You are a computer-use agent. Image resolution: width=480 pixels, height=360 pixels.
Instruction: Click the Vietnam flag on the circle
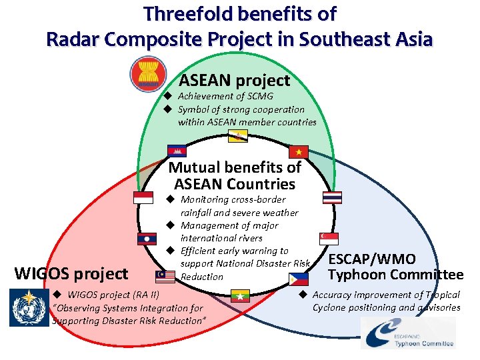click(x=298, y=150)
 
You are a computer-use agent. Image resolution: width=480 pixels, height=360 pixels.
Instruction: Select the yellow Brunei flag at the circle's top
click(x=238, y=136)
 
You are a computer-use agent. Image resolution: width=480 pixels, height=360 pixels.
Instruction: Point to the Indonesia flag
click(x=143, y=197)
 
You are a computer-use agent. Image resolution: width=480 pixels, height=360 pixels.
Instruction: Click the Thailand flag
click(x=332, y=197)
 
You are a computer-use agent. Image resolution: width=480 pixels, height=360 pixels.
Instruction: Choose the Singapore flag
click(x=328, y=238)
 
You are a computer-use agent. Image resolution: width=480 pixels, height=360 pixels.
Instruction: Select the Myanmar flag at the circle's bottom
click(x=239, y=295)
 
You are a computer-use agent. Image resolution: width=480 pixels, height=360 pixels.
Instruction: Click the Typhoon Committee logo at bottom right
click(x=409, y=333)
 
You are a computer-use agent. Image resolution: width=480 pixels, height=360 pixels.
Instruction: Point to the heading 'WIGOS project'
click(x=71, y=273)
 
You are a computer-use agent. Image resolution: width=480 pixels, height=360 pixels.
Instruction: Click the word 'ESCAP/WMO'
click(x=373, y=259)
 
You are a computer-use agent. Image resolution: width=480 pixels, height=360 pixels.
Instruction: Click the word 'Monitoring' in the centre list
click(x=205, y=199)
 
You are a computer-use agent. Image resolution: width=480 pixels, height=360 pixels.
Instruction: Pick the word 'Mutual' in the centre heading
click(x=193, y=167)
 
